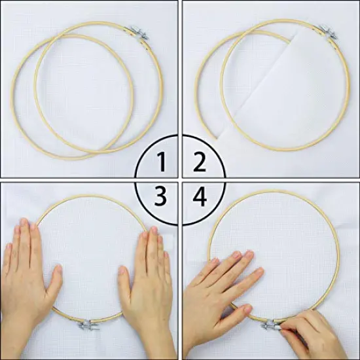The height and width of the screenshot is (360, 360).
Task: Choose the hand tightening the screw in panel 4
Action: point(311,334)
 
